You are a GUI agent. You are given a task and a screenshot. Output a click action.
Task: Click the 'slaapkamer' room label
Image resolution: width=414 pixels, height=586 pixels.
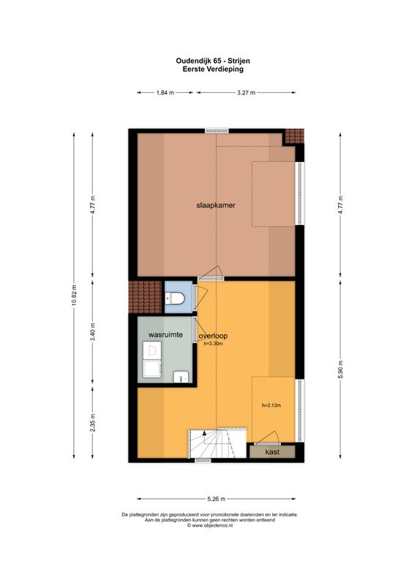(x=215, y=205)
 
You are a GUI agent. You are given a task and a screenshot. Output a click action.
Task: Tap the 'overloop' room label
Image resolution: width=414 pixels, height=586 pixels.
(x=213, y=336)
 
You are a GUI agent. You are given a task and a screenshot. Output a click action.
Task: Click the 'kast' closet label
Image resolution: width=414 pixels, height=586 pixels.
(x=272, y=453)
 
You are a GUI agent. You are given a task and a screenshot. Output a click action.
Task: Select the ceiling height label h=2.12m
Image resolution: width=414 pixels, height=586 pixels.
(x=271, y=405)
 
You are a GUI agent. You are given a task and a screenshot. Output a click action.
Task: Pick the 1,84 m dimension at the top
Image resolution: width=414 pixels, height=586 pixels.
(x=165, y=93)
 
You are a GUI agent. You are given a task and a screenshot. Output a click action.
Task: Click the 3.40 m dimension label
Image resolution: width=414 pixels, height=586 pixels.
(x=93, y=330)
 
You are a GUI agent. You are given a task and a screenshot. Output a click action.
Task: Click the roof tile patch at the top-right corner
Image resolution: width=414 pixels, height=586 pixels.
(x=294, y=136)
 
